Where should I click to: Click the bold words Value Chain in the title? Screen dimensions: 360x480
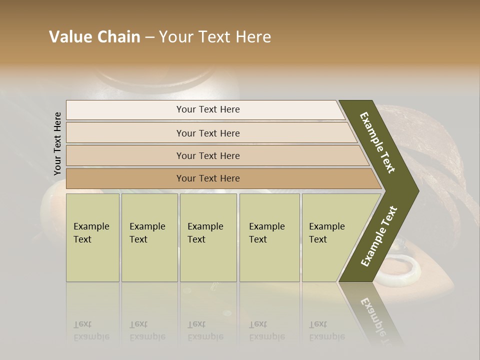pyautogui.click(x=94, y=37)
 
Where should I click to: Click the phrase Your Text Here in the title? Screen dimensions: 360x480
pyautogui.click(x=215, y=37)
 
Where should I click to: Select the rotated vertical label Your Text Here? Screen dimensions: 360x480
pyautogui.click(x=57, y=143)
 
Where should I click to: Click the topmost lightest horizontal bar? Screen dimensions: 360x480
pyautogui.click(x=207, y=109)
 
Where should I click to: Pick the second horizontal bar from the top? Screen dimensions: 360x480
pyautogui.click(x=207, y=133)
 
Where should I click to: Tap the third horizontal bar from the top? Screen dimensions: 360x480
pyautogui.click(x=207, y=155)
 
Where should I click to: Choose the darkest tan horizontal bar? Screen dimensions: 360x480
pyautogui.click(x=207, y=178)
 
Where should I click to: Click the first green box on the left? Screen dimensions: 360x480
pyautogui.click(x=92, y=237)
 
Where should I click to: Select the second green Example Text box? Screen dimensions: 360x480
pyautogui.click(x=149, y=237)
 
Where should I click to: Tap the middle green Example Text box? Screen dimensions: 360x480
pyautogui.click(x=208, y=237)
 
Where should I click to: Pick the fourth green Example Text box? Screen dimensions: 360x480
pyautogui.click(x=269, y=237)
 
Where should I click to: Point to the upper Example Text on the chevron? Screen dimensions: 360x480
pyautogui.click(x=377, y=142)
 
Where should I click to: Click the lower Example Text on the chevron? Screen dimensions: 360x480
pyautogui.click(x=378, y=236)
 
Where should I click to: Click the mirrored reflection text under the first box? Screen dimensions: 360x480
pyautogui.click(x=91, y=330)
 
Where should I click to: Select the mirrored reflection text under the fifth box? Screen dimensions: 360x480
pyautogui.click(x=326, y=330)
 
